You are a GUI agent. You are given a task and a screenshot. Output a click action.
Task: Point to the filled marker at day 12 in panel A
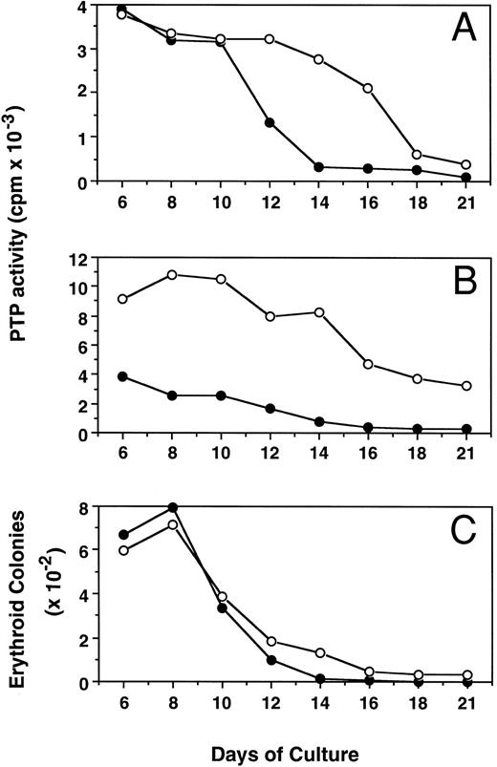tap(270, 123)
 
